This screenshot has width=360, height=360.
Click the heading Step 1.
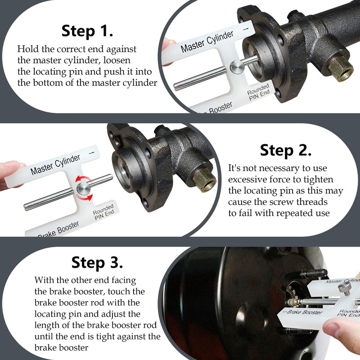click(87, 31)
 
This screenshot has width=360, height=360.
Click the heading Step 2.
click(286, 150)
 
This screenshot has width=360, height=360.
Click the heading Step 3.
click(97, 262)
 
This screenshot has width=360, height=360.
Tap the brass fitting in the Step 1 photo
click(340, 69)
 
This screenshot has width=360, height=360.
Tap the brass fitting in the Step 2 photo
click(204, 180)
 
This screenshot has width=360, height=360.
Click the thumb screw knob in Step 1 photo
click(237, 67)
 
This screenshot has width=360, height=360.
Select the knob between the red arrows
click(84, 189)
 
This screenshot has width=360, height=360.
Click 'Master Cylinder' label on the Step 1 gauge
click(207, 41)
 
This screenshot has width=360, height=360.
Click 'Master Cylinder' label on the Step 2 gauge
click(55, 165)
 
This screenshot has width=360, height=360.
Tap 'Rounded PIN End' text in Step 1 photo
click(258, 92)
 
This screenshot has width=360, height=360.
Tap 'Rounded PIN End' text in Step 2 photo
click(104, 212)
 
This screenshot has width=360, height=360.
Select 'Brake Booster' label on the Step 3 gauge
click(303, 312)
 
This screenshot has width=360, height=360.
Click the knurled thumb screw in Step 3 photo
click(345, 287)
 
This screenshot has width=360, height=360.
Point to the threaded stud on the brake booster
click(314, 274)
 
